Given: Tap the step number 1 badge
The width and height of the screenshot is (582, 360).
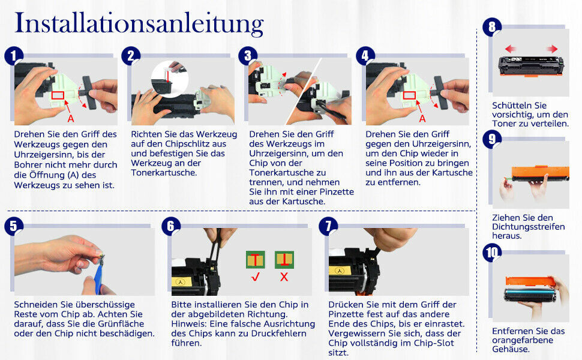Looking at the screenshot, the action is tap(14, 56).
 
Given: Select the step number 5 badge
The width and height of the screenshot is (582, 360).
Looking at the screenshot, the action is tap(14, 226).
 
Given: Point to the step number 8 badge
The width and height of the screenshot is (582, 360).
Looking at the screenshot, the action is tap(492, 27).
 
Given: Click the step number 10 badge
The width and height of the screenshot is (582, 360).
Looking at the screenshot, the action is tap(492, 253).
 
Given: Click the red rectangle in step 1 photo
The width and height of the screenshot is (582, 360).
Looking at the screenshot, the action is tap(58, 95).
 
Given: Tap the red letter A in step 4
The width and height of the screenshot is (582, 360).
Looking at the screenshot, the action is tap(422, 118).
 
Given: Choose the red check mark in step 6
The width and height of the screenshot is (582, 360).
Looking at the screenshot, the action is tap(256, 277).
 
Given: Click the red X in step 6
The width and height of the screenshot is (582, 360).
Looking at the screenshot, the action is tap(284, 277).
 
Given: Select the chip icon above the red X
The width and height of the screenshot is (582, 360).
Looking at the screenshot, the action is tap(284, 259).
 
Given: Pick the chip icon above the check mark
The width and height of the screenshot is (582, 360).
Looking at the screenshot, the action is tap(256, 259).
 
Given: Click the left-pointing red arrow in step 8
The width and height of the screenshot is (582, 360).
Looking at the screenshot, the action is tap(511, 49).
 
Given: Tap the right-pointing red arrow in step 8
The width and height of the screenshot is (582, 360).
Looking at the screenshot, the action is tap(552, 49).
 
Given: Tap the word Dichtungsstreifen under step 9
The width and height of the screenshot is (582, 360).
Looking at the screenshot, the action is tap(529, 226).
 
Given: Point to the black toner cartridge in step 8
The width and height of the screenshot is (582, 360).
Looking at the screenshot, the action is tap(531, 65).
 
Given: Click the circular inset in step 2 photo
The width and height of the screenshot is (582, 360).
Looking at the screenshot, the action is tap(170, 79).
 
